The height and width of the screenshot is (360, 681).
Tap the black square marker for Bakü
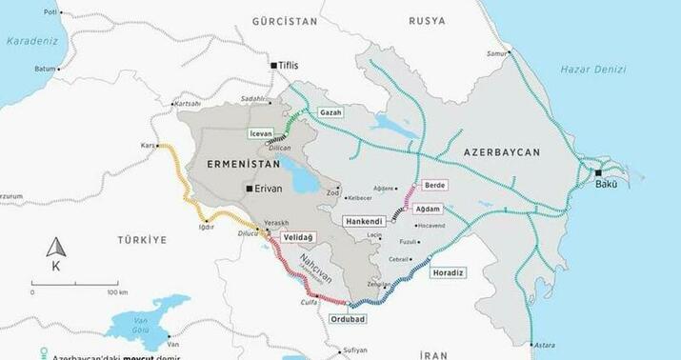tap(598, 173)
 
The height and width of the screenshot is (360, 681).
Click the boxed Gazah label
tap(330, 112)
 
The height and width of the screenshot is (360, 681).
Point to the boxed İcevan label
tap(260, 134)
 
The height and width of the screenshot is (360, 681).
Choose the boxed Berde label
tap(433, 185)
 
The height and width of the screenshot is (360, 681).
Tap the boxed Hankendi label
tap(365, 220)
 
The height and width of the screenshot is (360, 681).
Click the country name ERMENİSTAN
tap(241, 165)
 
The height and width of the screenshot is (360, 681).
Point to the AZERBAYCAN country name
tap(502, 152)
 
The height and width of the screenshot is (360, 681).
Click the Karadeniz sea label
tap(31, 42)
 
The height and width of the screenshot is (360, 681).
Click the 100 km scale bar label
tap(116, 292)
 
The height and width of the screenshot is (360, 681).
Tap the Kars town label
tap(148, 146)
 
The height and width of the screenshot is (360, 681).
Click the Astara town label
tap(545, 344)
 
